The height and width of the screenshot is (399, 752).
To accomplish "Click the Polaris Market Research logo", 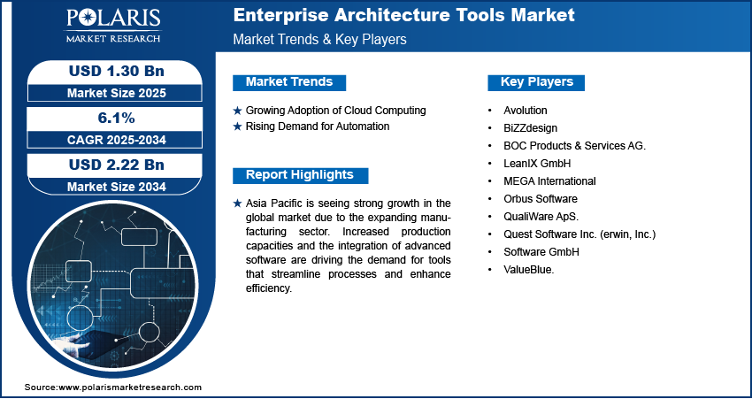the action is pyautogui.click(x=113, y=26).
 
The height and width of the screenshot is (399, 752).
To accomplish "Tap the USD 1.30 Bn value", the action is pyautogui.click(x=117, y=71).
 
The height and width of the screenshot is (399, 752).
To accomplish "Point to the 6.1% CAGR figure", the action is pyautogui.click(x=116, y=118).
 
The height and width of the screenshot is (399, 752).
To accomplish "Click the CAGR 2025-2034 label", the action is pyautogui.click(x=116, y=140).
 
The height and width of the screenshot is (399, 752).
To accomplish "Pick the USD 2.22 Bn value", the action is pyautogui.click(x=117, y=165).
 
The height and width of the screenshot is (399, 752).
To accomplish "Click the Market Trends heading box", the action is pyautogui.click(x=289, y=82).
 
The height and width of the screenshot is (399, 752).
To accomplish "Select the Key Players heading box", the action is pyautogui.click(x=536, y=82).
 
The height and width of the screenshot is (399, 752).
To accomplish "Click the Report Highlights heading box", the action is pyautogui.click(x=300, y=175).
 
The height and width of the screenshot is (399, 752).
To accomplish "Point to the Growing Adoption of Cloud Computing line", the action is pyautogui.click(x=335, y=111).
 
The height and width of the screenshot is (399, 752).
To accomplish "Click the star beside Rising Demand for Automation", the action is pyautogui.click(x=237, y=127).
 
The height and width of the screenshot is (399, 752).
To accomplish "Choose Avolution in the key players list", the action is pyautogui.click(x=526, y=111).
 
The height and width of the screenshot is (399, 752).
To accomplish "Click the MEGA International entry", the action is pyautogui.click(x=549, y=180).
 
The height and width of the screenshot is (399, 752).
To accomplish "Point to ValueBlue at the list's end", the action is pyautogui.click(x=528, y=270).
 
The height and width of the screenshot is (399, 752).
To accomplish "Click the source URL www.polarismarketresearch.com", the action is pyautogui.click(x=130, y=387).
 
